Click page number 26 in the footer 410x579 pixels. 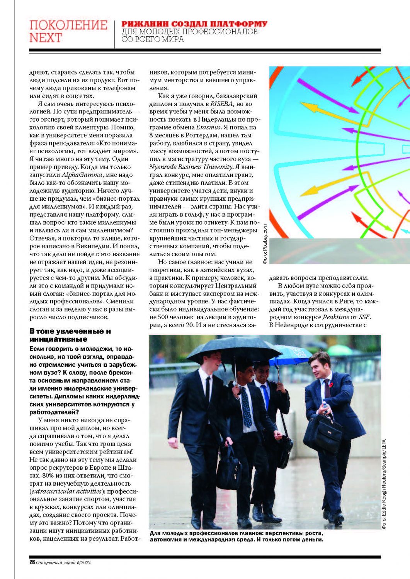tap(32, 562)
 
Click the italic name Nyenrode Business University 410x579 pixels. tap(191, 167)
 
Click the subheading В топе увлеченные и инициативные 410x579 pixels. tap(70, 335)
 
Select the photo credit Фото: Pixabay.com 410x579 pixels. tap(265, 244)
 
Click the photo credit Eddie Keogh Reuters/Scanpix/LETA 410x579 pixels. tap(384, 484)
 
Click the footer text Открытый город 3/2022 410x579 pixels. tap(63, 562)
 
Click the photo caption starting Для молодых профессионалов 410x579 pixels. tap(236, 536)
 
